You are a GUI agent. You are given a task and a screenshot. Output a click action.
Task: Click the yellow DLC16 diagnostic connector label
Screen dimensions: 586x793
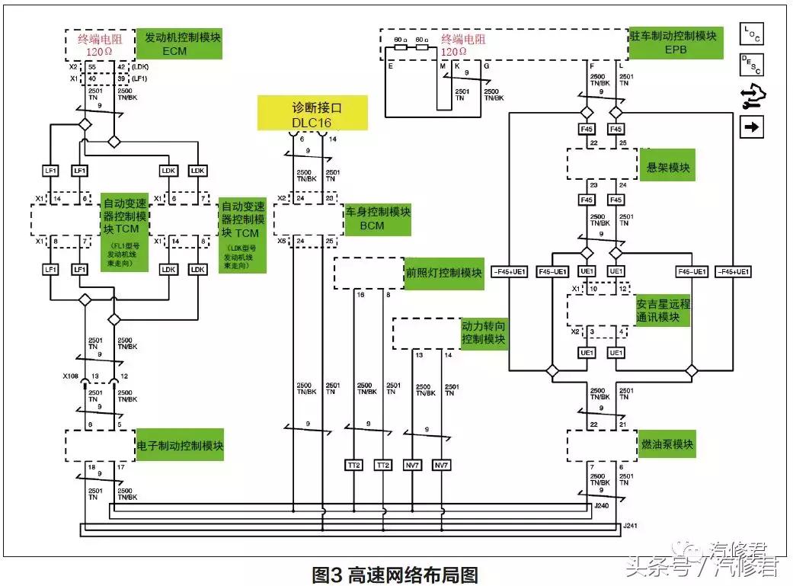point(312,114)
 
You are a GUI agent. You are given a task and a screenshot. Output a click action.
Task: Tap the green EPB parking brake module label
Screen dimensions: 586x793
point(675,43)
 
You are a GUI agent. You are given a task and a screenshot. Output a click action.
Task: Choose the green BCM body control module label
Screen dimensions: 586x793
point(378,219)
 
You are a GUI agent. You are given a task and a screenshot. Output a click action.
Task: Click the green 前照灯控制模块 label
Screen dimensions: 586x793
point(443,273)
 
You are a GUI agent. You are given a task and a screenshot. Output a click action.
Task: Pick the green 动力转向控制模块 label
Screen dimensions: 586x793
point(484,332)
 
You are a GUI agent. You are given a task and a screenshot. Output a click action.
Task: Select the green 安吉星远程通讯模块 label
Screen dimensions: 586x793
point(663,310)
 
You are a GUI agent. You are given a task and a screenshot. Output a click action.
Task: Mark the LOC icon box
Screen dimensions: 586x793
point(751,34)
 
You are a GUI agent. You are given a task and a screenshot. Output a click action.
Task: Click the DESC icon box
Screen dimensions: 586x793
point(751,65)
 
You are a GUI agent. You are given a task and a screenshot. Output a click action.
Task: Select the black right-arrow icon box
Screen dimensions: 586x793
point(751,126)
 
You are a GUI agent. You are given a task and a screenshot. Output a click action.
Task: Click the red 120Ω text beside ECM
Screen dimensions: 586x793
point(100,52)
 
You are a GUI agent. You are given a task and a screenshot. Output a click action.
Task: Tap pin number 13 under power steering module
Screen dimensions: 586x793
point(418,354)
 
